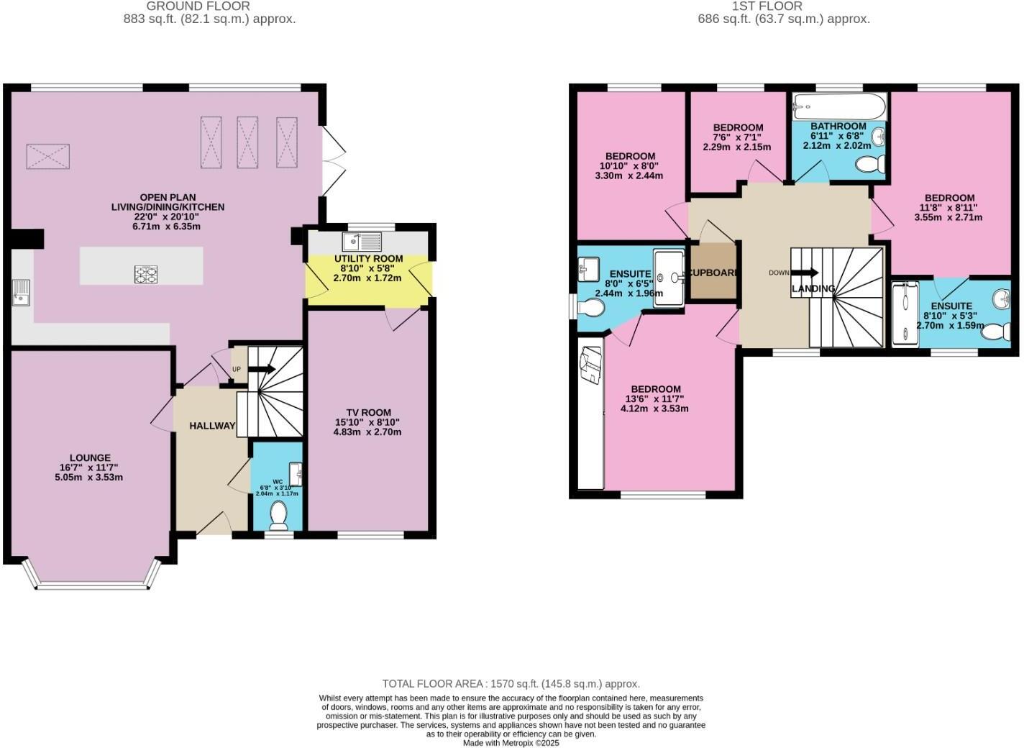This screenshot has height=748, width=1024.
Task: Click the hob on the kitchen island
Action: pyautogui.click(x=146, y=274)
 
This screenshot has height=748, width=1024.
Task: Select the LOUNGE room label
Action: pyautogui.click(x=90, y=457)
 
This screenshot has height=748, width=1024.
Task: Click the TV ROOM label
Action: pyautogui.click(x=367, y=412)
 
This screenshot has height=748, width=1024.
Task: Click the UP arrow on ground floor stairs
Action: pyautogui.click(x=261, y=369)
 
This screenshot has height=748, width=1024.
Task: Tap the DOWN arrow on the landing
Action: pyautogui.click(x=804, y=273)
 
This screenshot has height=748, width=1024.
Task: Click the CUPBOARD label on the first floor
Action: pyautogui.click(x=713, y=273)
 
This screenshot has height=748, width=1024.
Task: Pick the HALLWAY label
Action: pyautogui.click(x=212, y=426)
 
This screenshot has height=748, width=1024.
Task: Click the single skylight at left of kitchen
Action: pyautogui.click(x=48, y=156)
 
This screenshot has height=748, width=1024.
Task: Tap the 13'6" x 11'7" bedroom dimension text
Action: pyautogui.click(x=654, y=398)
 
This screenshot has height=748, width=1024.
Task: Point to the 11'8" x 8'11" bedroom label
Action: pyautogui.click(x=949, y=198)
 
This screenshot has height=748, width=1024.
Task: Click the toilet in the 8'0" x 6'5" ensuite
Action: pyautogui.click(x=592, y=308)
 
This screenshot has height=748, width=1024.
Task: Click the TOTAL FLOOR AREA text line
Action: pyautogui.click(x=511, y=684)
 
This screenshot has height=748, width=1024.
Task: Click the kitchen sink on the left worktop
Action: pyautogui.click(x=21, y=292)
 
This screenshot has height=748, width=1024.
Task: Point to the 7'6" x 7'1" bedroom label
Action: pyautogui.click(x=737, y=127)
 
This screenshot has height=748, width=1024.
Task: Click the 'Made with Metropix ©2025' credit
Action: pyautogui.click(x=511, y=743)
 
